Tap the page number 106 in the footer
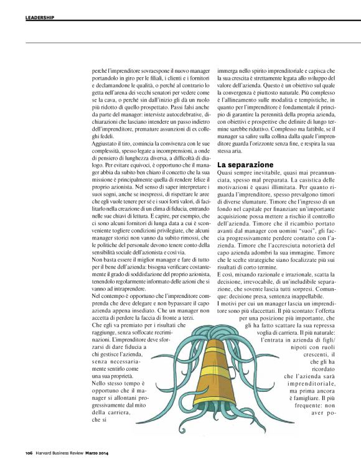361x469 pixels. pyautogui.click(x=29, y=452)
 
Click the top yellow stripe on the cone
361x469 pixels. pyautogui.click(x=205, y=332)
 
